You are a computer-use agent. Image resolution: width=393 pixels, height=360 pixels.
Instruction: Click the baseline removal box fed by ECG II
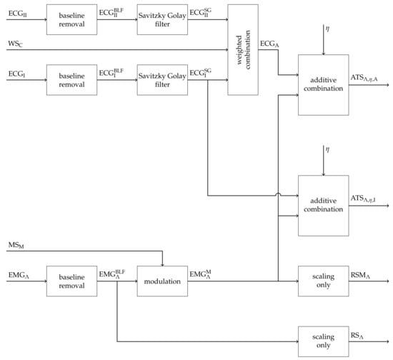pyautogui.click(x=71, y=21)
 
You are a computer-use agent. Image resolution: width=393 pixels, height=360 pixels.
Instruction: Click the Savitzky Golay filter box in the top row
pyautogui.click(x=161, y=21)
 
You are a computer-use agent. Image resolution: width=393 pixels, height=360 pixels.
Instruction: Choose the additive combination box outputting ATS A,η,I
pyautogui.click(x=323, y=206)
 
